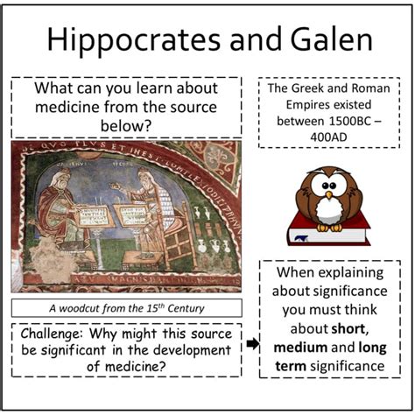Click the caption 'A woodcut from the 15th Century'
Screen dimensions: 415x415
127,307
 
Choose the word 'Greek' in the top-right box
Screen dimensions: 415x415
311,88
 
